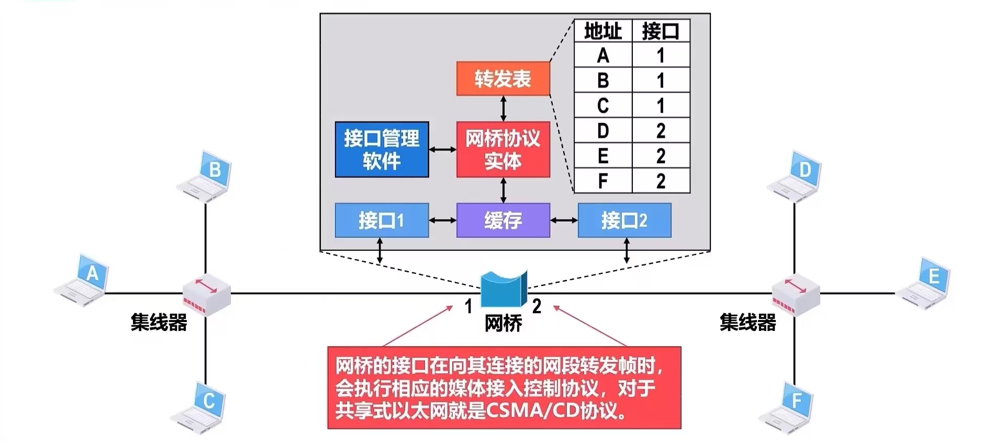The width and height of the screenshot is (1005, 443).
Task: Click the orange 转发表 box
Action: [503, 79]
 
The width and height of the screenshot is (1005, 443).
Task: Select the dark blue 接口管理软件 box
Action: [382, 150]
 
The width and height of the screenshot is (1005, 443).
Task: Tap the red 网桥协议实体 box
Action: [503, 150]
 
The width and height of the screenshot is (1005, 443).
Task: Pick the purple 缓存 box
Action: [503, 220]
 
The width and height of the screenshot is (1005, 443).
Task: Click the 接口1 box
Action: [382, 220]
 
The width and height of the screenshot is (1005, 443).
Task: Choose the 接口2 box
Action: [624, 220]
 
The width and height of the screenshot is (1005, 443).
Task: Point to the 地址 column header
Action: [603, 31]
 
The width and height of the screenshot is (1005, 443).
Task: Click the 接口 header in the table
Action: [661, 31]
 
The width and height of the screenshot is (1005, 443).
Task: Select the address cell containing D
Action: [603, 131]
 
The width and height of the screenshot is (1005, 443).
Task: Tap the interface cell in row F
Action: [661, 181]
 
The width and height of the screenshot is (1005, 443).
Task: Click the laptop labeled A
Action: [84, 280]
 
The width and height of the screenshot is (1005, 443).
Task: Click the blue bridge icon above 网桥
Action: [503, 289]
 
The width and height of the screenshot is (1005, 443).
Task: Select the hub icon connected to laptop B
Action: [206, 294]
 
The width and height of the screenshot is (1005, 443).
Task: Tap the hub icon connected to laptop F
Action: [796, 294]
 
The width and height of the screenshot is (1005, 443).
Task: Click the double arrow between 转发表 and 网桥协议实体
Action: [504, 108]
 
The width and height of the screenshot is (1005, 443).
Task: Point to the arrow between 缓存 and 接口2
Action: [564, 220]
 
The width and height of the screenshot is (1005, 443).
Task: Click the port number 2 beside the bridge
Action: [537, 306]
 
